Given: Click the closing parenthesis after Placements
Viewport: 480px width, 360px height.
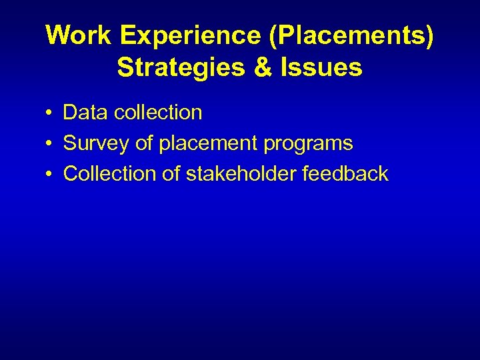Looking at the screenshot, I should tap(428, 36).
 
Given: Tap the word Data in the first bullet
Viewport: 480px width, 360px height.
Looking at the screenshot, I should tap(86, 112).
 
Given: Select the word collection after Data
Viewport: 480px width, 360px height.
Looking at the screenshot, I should tap(158, 112).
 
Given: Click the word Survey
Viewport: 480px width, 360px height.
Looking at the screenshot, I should tap(94, 143).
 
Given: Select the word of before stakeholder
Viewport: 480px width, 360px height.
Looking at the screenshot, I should tap(171, 174).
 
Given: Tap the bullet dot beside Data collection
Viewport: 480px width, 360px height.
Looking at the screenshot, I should tap(50, 113).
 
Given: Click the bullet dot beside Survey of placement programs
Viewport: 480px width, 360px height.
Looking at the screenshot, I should tap(50, 144).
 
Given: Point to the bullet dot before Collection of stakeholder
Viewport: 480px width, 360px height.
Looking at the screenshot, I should tap(50, 175).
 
